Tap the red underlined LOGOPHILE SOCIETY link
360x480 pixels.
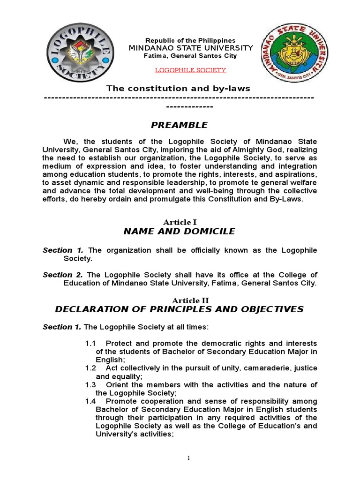(x=190, y=70)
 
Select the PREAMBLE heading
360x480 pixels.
(x=179, y=125)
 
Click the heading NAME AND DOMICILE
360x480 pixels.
(x=179, y=231)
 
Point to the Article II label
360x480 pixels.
(x=179, y=300)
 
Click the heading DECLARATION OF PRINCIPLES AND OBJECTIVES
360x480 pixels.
(x=179, y=309)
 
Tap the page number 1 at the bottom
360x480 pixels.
(x=188, y=458)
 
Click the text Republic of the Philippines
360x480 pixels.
(x=190, y=41)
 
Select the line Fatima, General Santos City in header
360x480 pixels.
(x=190, y=56)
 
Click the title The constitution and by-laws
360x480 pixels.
(x=178, y=88)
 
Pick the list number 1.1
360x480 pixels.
(x=90, y=343)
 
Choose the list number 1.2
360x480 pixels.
(x=90, y=368)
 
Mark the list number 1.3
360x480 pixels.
(x=90, y=385)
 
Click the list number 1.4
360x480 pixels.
(x=90, y=401)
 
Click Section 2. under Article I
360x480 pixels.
(x=63, y=275)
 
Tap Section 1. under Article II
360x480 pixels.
(x=62, y=327)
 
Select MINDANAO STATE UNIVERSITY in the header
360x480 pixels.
(x=190, y=48)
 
